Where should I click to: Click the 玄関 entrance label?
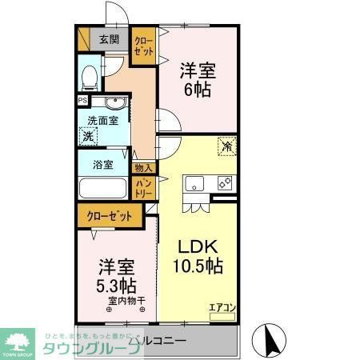[109, 38]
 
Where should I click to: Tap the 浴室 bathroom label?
[102, 166]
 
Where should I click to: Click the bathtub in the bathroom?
[103, 189]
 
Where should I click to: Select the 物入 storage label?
[144, 169]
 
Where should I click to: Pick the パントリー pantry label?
[144, 189]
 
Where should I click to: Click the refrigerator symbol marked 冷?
[227, 146]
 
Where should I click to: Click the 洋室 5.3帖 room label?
[116, 276]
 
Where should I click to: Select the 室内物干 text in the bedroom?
[127, 301]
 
